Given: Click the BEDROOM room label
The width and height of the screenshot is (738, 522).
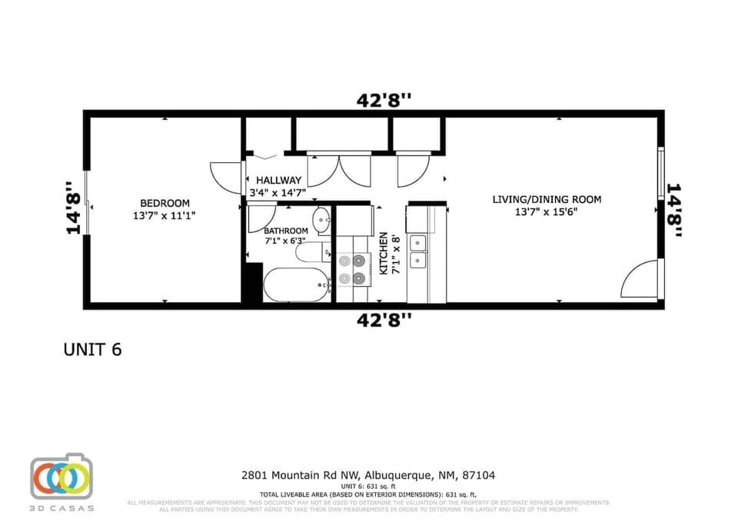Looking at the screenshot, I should pos(165,203).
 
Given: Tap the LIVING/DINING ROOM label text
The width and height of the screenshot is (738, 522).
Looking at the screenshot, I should pos(547,200).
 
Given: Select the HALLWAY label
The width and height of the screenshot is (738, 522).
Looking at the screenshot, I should pos(278,181).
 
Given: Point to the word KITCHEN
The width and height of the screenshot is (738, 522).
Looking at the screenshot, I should pos(384,254).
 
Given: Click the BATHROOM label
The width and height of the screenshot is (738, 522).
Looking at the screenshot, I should pos(286,231).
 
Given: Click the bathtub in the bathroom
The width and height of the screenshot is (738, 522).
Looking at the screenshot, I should pos(295,285).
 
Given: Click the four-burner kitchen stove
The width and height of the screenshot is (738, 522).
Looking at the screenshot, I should pos(351,269).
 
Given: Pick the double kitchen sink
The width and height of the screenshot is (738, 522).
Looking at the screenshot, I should pos(418,251).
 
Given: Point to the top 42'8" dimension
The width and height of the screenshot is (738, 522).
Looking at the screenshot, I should pos(384,100).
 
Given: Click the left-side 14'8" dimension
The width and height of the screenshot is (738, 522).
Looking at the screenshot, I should pos(73,207).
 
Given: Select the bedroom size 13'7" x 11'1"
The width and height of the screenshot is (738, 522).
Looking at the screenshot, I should pos(165,216).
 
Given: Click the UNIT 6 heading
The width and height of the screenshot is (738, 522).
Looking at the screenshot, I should pos(92,349).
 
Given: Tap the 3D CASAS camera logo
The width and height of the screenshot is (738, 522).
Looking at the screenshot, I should pos(61,477).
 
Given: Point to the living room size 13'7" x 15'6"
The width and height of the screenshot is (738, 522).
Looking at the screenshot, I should pos(547,213).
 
